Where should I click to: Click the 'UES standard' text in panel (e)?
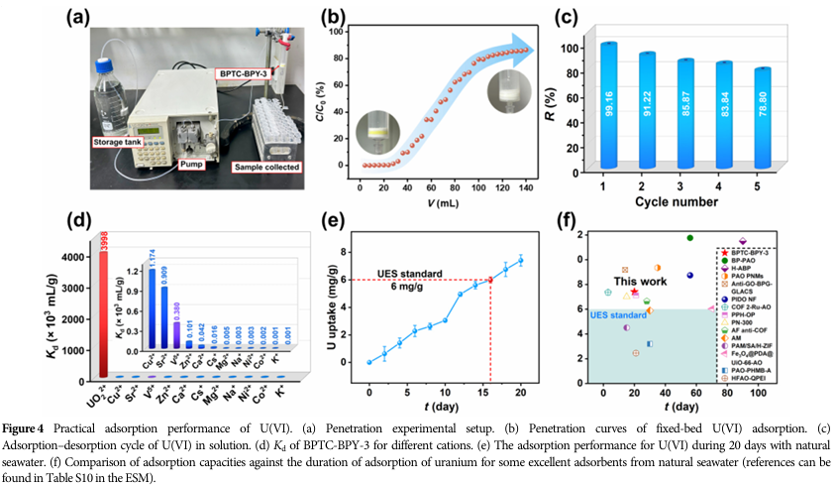(409, 275)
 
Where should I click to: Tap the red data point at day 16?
(488, 279)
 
